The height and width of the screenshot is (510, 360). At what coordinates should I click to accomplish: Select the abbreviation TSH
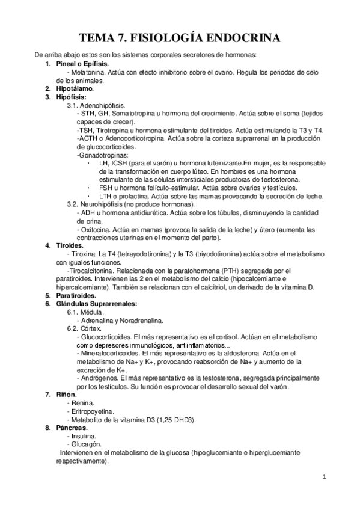[x=85, y=129]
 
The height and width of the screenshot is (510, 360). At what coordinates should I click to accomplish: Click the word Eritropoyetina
[x=94, y=410]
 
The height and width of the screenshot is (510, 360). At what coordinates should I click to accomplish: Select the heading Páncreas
[x=70, y=427]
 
